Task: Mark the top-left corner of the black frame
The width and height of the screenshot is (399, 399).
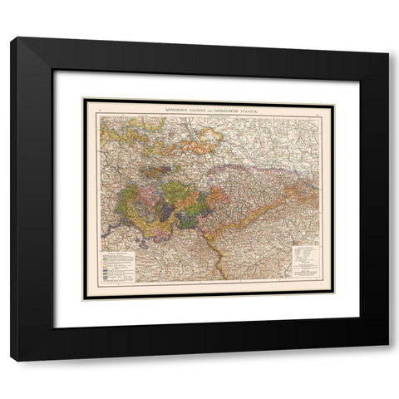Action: point(12,39)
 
